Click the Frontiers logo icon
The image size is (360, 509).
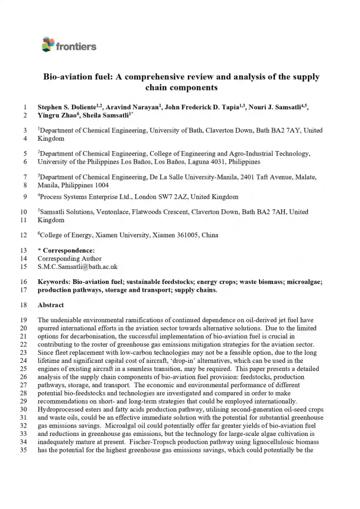(48, 44)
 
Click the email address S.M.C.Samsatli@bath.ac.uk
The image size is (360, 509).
(78, 267)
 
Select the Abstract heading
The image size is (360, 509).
(51, 305)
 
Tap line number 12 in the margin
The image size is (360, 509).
(23, 235)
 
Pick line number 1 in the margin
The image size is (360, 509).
(25, 107)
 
